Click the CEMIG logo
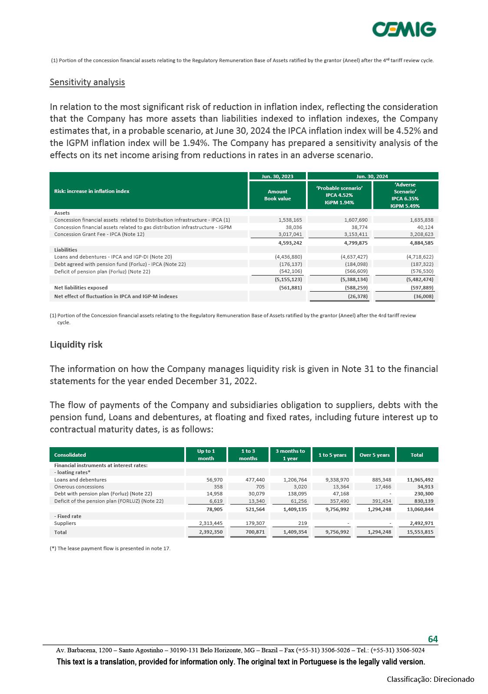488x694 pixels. coord(404,30)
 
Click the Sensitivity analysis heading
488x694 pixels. coord(87,82)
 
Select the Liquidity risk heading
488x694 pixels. coord(76,345)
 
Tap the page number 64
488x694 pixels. coord(433,639)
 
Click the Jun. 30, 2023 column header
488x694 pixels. coord(277,176)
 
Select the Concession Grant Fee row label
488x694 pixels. coord(99,234)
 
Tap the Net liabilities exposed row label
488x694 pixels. coord(81,287)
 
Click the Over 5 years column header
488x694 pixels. coord(375,455)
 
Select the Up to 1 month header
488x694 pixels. coord(206,455)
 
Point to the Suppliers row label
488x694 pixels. coord(65,523)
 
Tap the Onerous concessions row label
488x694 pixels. coord(79,487)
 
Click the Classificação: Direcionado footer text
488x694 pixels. coord(430,679)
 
